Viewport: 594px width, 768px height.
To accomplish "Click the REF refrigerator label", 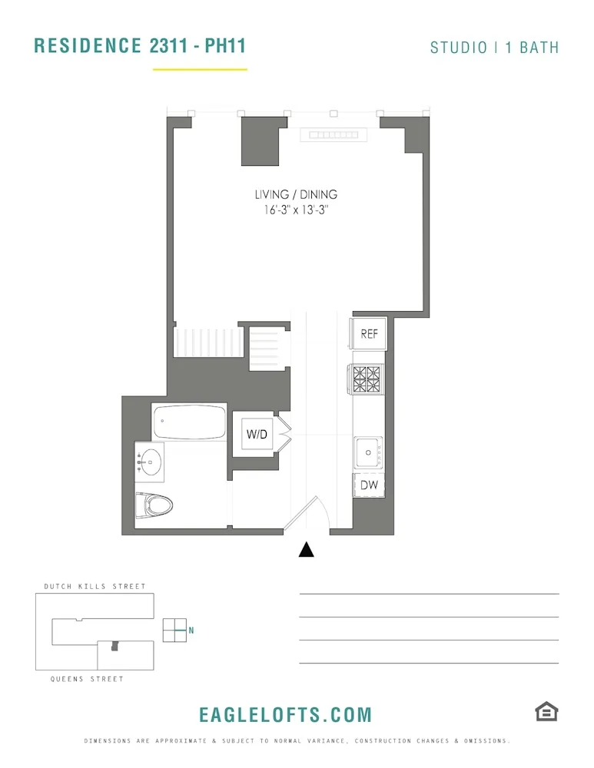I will click(370, 334).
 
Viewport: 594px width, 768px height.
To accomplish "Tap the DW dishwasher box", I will click(368, 485).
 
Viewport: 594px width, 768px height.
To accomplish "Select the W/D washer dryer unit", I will click(257, 435).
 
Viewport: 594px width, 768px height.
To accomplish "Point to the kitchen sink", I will click(368, 451).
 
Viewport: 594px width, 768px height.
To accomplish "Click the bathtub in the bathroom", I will click(189, 422).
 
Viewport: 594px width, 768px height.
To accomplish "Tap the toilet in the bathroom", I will click(156, 505).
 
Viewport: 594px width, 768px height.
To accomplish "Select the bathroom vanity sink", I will click(150, 462).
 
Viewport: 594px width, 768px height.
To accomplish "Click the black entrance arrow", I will click(307, 549).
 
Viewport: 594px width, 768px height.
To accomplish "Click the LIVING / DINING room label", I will click(296, 195).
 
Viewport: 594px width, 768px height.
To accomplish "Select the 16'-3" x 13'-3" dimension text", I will click(296, 210).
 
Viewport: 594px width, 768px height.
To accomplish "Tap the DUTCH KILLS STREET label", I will click(95, 587).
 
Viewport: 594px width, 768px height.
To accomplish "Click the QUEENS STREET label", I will click(87, 679).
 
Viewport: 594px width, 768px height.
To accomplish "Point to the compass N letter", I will click(191, 631).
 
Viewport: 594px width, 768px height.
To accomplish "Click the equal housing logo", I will click(546, 712).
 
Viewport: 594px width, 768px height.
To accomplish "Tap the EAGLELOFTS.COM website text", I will click(285, 715).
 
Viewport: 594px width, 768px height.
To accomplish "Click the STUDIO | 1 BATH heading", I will click(494, 48).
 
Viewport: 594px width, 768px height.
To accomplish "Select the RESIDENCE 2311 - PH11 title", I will click(140, 45).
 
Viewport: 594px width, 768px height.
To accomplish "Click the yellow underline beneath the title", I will click(200, 70).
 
